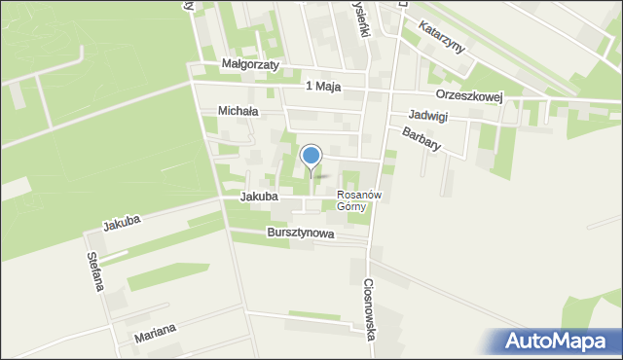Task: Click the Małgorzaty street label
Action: (250, 65)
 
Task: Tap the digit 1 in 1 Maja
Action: (309, 87)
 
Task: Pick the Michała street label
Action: (238, 112)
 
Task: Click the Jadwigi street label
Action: (428, 115)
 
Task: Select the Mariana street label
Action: (157, 333)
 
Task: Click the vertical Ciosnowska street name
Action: (371, 310)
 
